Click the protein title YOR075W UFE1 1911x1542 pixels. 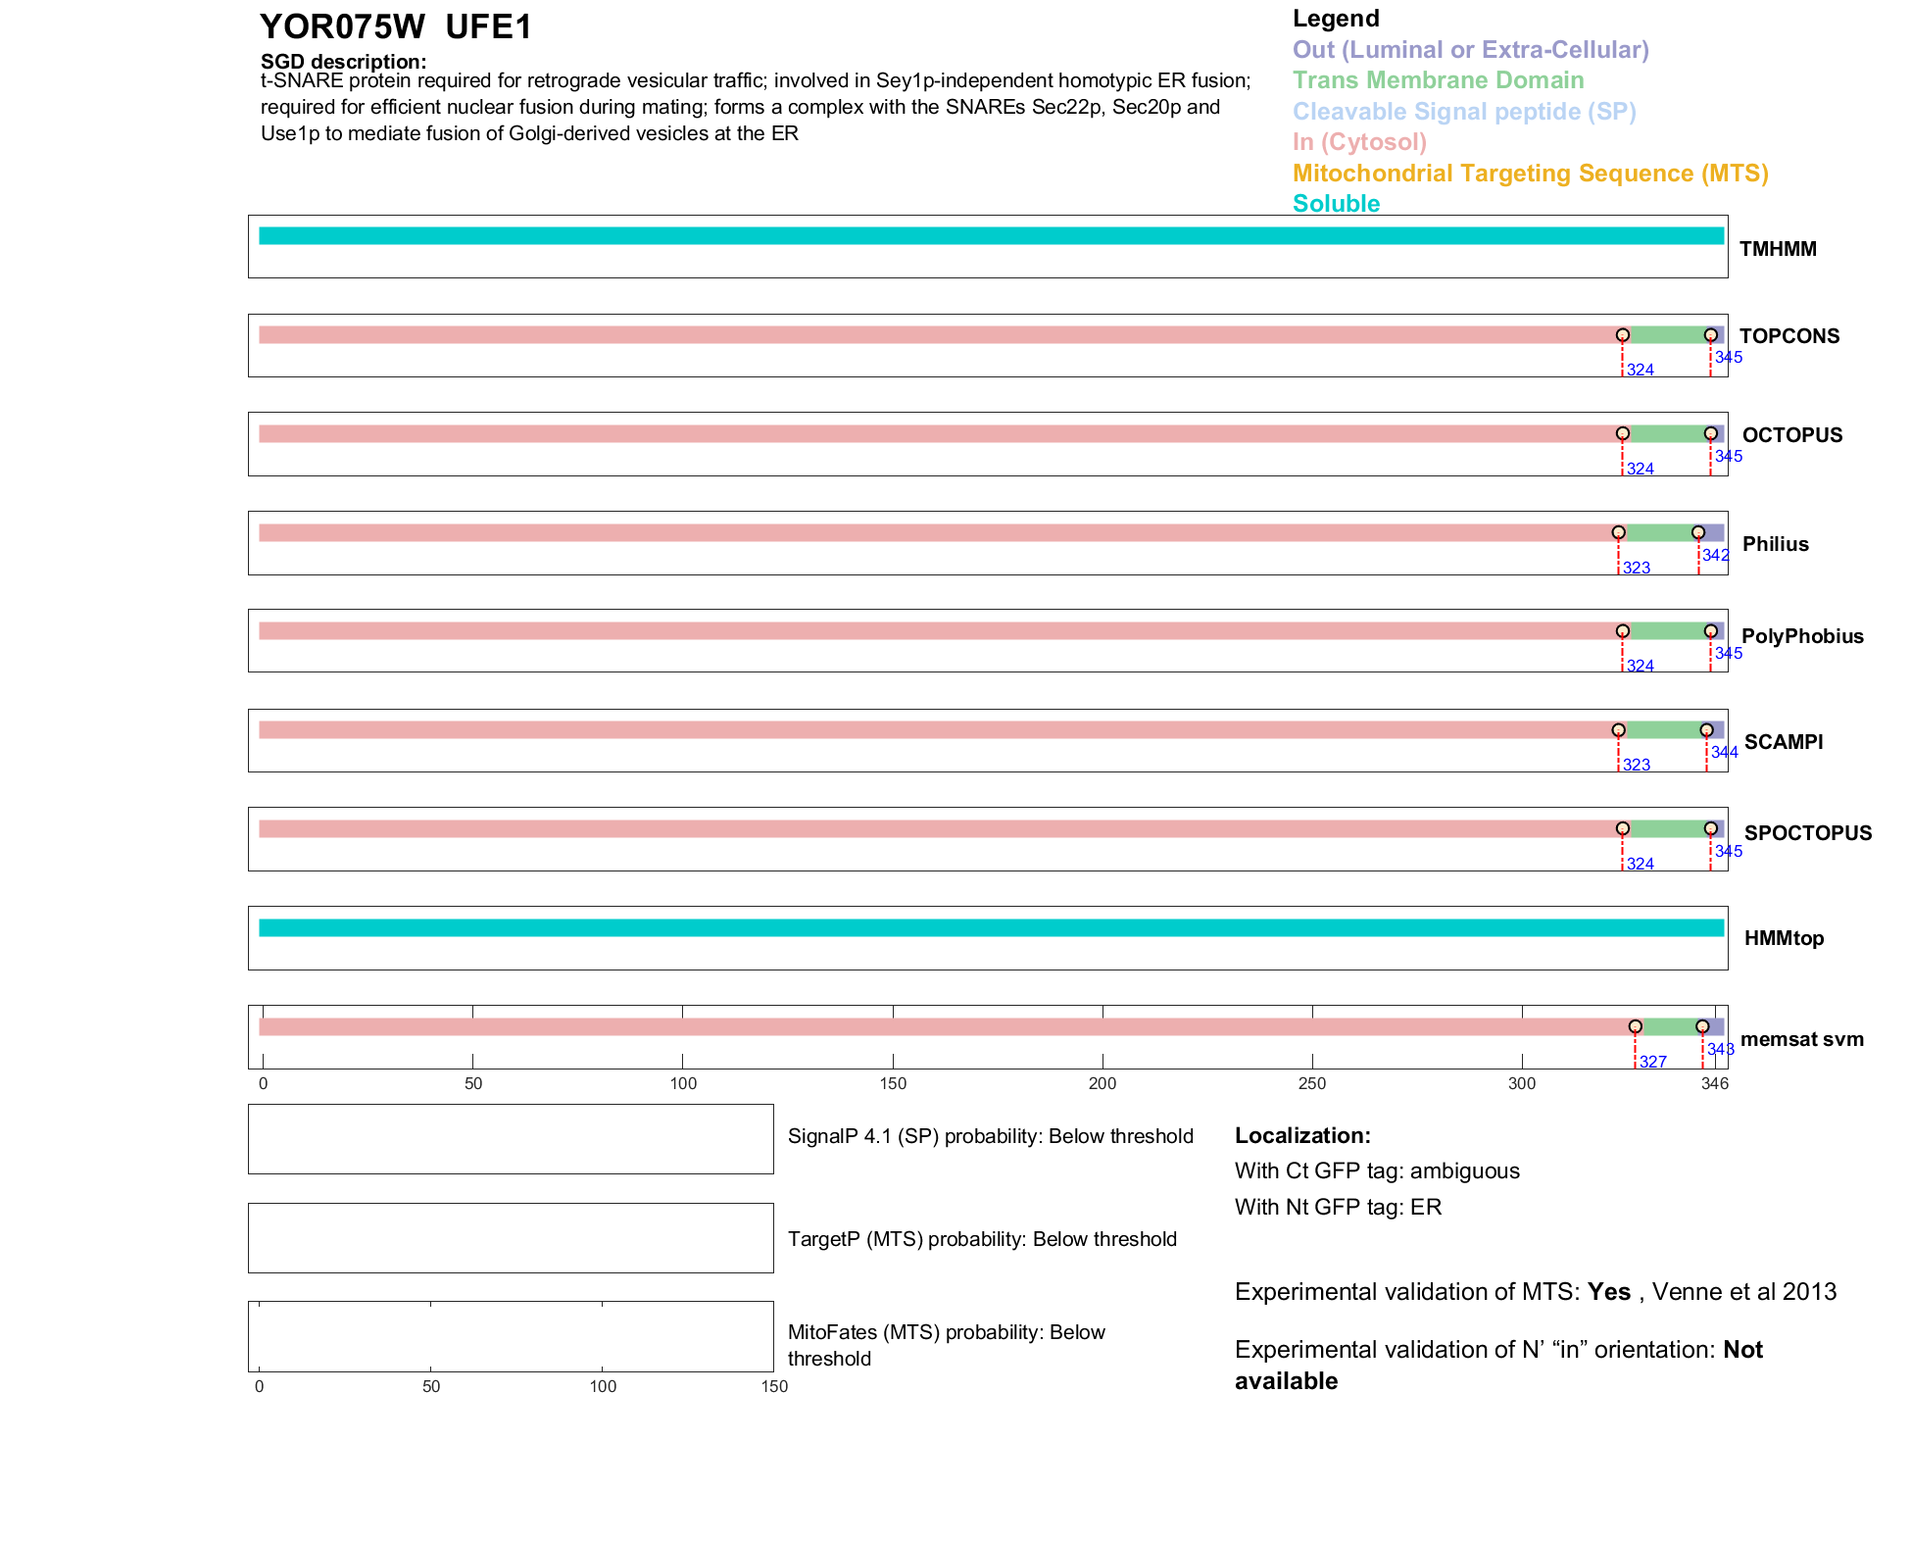click(395, 27)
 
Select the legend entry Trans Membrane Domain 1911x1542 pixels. click(1438, 80)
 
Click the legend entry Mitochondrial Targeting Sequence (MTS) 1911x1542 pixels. click(1530, 174)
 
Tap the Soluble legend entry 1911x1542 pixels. click(1336, 204)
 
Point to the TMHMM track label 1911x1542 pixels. click(1777, 249)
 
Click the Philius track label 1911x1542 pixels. click(1775, 544)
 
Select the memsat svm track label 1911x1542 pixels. click(1801, 1039)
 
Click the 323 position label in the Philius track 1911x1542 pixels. click(1636, 569)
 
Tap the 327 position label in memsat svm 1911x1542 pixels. click(1652, 1063)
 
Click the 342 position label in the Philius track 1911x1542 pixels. click(1715, 556)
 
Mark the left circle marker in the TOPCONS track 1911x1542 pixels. click(1623, 335)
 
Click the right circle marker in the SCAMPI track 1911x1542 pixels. click(1706, 730)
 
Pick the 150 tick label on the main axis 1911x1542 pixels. click(893, 1084)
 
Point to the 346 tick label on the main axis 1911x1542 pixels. click(1714, 1084)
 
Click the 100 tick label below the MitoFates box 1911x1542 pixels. click(603, 1387)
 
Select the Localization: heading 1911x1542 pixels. click(1302, 1136)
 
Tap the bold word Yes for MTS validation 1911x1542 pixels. click(1608, 1292)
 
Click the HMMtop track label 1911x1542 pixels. click(1784, 939)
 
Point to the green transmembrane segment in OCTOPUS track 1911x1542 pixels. click(1666, 434)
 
